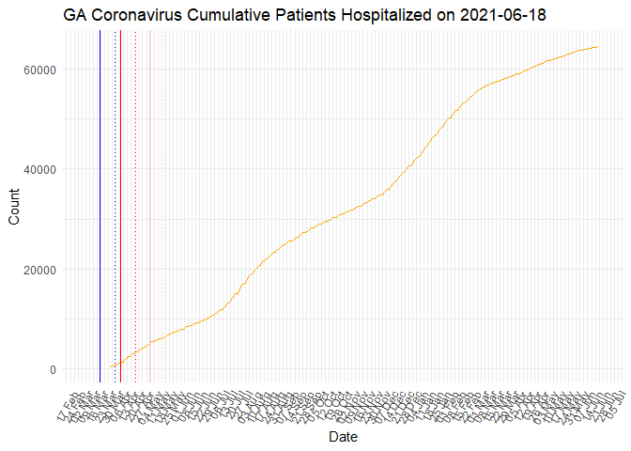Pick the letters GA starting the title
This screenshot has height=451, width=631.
[x=76, y=16]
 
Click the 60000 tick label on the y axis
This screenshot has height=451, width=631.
[x=42, y=70]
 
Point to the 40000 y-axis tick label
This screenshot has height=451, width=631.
[x=42, y=169]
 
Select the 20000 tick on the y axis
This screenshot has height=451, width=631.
[x=42, y=270]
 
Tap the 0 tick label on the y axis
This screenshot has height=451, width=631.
[x=54, y=369]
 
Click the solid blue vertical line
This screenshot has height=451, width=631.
[x=100, y=207]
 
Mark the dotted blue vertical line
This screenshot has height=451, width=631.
[x=115, y=207]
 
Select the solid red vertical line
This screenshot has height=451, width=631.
[x=120, y=207]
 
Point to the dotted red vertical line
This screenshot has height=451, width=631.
[x=135, y=207]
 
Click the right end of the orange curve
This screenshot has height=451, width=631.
[x=597, y=47]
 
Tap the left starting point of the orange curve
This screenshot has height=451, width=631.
[x=111, y=366]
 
